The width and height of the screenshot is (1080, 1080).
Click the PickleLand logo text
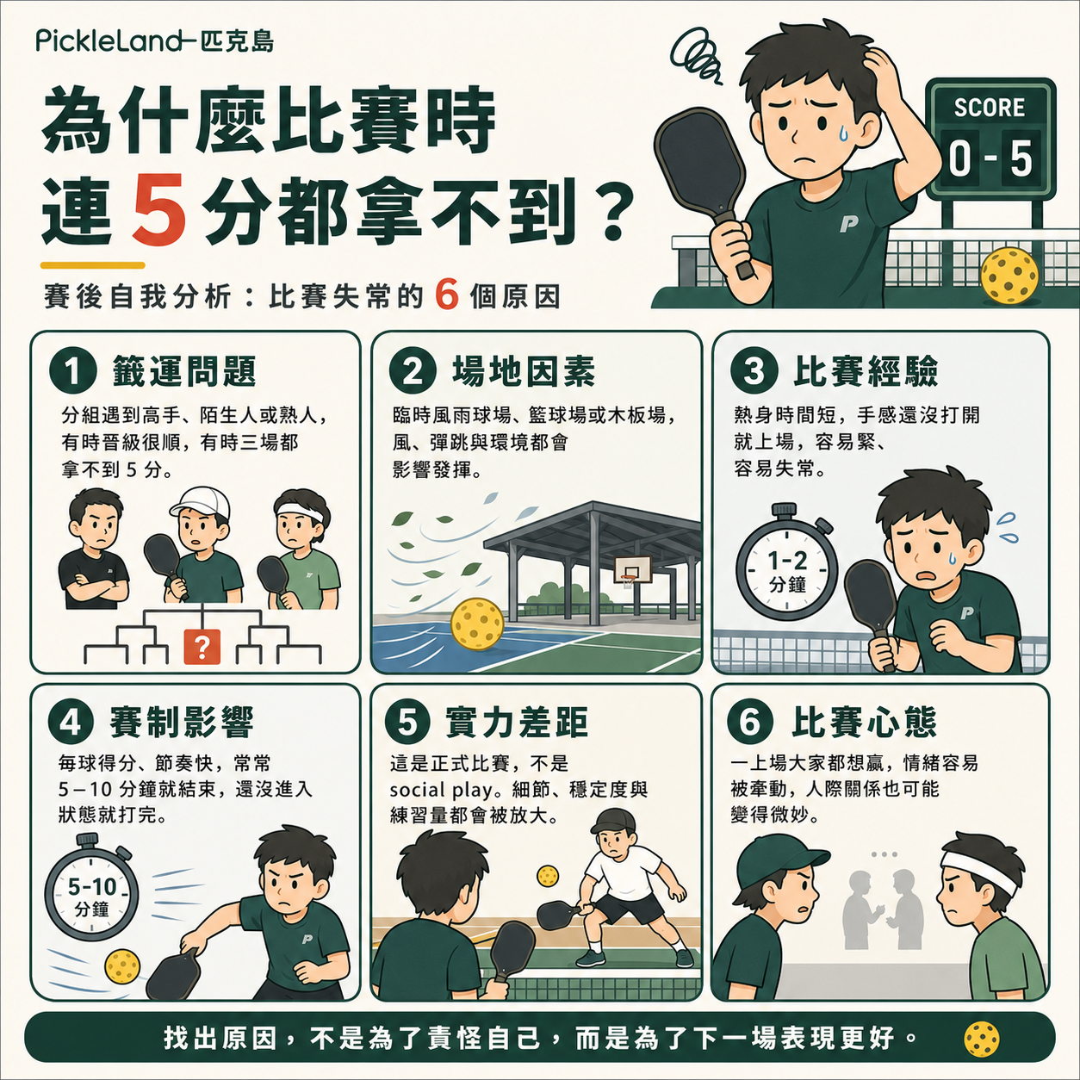pos(109,41)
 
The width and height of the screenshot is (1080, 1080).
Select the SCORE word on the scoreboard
pos(990,107)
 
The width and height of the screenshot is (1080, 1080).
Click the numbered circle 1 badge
pos(73,371)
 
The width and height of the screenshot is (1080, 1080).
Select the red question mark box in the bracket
pos(202,647)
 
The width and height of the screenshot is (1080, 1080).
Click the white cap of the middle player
pos(201,504)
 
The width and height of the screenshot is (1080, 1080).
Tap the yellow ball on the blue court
pos(477,624)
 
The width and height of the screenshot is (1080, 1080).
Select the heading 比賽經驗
pos(866,371)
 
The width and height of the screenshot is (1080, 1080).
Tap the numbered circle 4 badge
pos(71,722)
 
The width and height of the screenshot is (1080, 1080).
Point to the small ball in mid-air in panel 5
pos(548,876)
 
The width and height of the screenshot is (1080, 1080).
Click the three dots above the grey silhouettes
pos(884,854)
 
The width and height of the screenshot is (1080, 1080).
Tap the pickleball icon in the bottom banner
pos(982,1039)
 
